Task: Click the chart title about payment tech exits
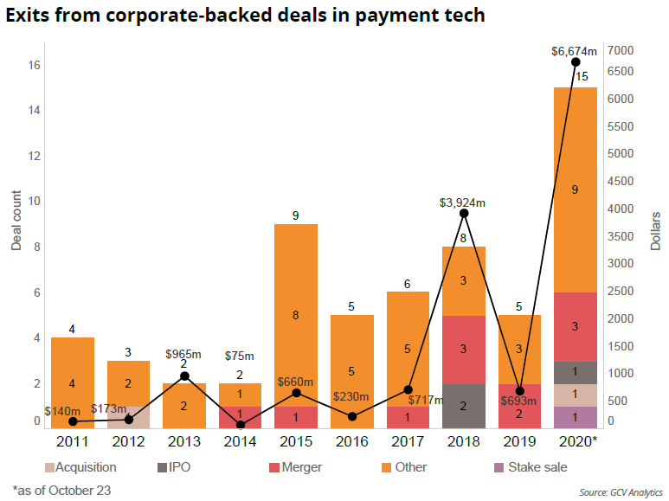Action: pyautogui.click(x=243, y=15)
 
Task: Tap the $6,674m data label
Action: pyautogui.click(x=574, y=51)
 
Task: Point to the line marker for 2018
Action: pyautogui.click(x=464, y=213)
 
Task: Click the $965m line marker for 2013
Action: pyautogui.click(x=184, y=376)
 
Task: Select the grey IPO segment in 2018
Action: pyautogui.click(x=464, y=406)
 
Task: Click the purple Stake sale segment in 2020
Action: pyautogui.click(x=575, y=417)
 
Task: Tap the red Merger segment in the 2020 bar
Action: pyautogui.click(x=575, y=327)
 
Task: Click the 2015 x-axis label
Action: pyautogui.click(x=296, y=443)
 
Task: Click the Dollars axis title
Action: pyautogui.click(x=655, y=230)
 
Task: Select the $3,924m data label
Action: pyautogui.click(x=462, y=202)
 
